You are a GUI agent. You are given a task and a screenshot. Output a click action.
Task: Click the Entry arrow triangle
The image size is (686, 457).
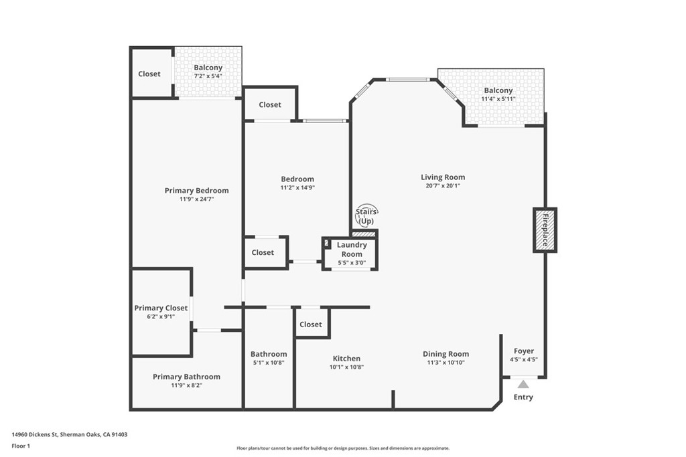pos(523,385)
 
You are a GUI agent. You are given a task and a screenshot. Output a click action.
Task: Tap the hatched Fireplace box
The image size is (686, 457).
pos(545,230)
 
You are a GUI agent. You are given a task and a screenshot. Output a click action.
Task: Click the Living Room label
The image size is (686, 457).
pos(443,177)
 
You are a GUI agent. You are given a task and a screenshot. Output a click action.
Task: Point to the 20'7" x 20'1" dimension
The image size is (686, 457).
pos(443,186)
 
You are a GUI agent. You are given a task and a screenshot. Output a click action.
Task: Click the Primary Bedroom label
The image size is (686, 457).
pos(196,191)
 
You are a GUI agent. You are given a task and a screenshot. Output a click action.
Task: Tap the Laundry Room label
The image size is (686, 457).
pos(352,250)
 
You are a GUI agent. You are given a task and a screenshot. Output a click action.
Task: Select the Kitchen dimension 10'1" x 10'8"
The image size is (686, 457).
pos(346,367)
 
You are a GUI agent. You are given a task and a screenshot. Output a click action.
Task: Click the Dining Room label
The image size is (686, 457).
pos(445,354)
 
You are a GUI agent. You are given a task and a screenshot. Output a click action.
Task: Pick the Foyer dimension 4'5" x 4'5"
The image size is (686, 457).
pos(524,359)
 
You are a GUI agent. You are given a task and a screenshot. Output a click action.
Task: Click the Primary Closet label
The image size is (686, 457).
pos(161,308)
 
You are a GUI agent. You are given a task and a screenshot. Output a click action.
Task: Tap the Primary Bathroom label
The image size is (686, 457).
pos(186,377)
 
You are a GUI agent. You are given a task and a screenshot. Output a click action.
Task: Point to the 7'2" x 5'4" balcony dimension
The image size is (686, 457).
pos(208,76)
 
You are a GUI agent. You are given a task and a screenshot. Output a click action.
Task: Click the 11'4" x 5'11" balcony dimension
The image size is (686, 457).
pos(498,99)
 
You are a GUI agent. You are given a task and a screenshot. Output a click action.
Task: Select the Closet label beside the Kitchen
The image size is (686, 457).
pos(311,324)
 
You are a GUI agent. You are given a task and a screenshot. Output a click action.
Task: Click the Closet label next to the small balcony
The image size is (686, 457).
pos(149,74)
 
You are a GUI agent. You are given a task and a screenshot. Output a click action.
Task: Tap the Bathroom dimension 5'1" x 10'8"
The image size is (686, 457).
pos(269,363)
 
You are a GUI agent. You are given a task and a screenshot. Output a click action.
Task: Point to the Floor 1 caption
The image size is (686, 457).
pos(21,446)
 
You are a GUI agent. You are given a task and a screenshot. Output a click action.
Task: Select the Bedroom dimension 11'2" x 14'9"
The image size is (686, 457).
pos(297,188)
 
